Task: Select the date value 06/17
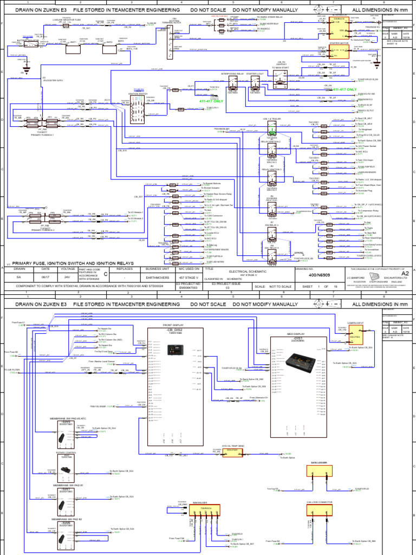click(x=45, y=276)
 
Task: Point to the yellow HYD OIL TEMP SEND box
click(x=232, y=451)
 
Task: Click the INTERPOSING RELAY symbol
click(x=232, y=83)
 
